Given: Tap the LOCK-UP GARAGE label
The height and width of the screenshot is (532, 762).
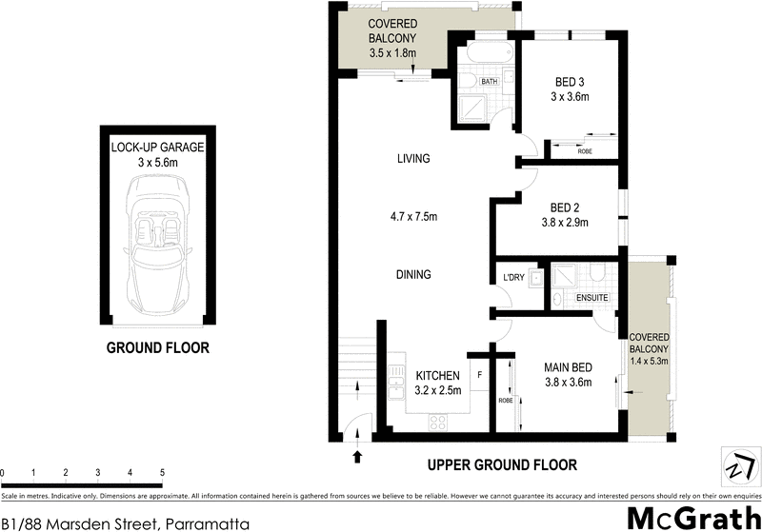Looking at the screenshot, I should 158,148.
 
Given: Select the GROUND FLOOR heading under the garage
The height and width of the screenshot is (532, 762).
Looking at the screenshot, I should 158,348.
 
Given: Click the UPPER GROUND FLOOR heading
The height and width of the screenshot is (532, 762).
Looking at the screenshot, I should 502,465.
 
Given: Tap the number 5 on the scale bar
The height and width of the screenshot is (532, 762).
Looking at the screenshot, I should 162,473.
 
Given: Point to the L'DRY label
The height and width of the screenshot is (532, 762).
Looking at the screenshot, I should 512,278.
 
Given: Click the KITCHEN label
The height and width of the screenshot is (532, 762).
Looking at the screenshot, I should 438,375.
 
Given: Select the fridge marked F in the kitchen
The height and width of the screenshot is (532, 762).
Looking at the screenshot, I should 479,374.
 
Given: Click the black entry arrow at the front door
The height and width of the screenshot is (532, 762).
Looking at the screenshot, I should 358,457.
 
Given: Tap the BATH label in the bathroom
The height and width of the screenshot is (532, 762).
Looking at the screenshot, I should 490,82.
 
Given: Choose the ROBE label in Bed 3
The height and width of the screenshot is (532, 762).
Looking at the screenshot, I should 585,150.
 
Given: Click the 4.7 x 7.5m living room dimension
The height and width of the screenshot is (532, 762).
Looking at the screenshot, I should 414,216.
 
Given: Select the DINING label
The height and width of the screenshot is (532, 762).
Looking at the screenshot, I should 414,274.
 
